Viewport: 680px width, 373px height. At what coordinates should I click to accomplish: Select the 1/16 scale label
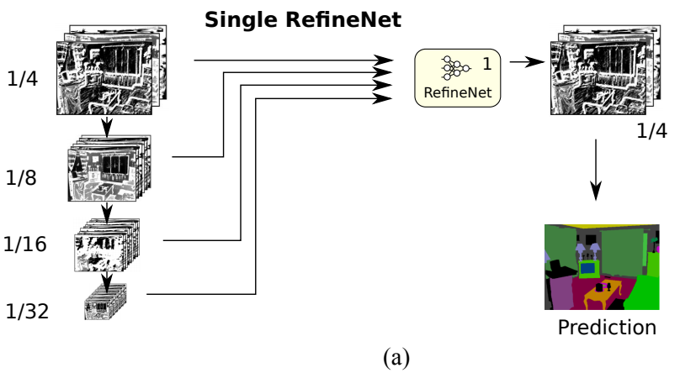pyautogui.click(x=25, y=244)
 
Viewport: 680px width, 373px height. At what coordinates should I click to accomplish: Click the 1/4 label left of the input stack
pyautogui.click(x=22, y=81)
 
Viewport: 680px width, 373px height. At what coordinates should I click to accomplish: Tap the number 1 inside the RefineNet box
pyautogui.click(x=486, y=64)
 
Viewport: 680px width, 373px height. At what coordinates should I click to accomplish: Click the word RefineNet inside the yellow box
pyautogui.click(x=458, y=92)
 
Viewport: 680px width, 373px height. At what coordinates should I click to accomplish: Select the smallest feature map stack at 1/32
pyautogui.click(x=105, y=302)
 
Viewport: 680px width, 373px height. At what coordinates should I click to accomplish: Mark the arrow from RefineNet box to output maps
pyautogui.click(x=525, y=62)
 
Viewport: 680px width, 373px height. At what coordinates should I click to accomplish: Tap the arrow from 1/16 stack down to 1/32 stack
pyautogui.click(x=107, y=278)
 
